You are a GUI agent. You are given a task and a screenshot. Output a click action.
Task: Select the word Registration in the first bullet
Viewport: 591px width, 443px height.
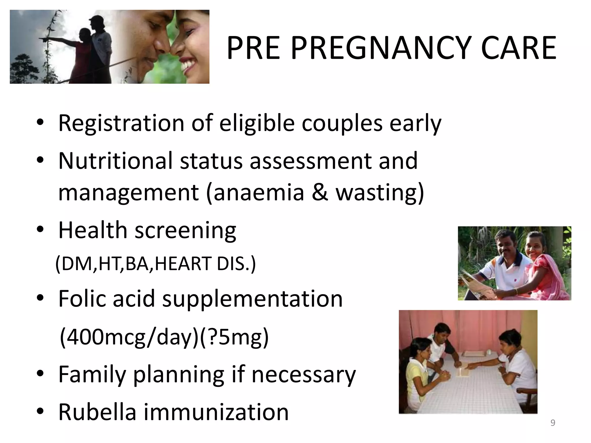point(121,123)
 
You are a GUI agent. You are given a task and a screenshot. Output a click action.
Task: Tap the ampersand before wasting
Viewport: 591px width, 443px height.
point(320,192)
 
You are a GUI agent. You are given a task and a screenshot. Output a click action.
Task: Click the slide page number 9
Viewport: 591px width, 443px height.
point(553,423)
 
